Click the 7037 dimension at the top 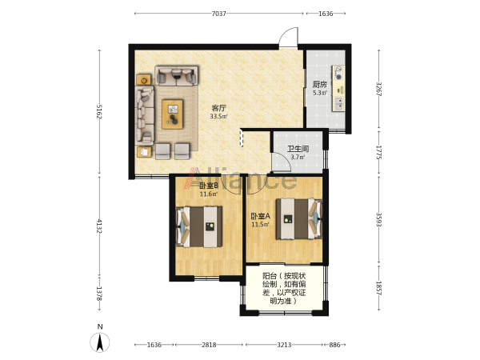point(219,14)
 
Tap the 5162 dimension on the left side point(99,112)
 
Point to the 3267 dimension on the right point(379,89)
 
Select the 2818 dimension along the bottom point(209,345)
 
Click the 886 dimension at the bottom point(334,345)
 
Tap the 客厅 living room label point(219,108)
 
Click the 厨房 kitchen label point(319,85)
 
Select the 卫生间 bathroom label point(298,149)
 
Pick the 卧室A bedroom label point(261,216)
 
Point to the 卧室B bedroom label point(209,186)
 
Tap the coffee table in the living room point(172,114)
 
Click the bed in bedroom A point(299,219)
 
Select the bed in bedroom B point(199,226)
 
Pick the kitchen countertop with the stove point(338,88)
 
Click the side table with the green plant point(143,80)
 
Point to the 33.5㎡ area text point(218,116)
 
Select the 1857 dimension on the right point(379,288)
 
